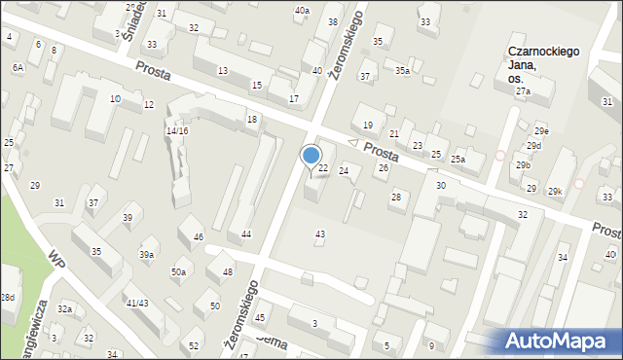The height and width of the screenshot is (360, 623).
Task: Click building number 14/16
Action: coord(176,130)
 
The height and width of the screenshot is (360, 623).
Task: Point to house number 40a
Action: coord(303,10)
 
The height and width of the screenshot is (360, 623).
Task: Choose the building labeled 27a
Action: coord(524,90)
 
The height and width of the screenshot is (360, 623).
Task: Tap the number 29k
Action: coord(554,192)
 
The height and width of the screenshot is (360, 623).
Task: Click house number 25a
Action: coord(458,159)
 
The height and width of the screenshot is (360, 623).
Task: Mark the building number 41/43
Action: coord(137,304)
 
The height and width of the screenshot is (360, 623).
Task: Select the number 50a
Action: coord(178,272)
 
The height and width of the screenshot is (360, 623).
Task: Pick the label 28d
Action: coord(7,297)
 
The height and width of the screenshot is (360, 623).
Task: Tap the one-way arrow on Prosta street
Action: coord(353,144)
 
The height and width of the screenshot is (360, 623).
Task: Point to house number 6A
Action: coord(18,67)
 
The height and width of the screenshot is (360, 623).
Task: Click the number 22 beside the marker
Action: coord(323,168)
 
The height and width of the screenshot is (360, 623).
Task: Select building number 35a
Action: coord(402,71)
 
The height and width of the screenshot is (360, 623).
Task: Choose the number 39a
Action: coord(146,254)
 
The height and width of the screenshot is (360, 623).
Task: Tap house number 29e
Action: coord(541,130)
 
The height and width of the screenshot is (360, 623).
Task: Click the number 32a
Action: coord(64,308)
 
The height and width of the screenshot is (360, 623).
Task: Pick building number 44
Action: coord(246,234)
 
